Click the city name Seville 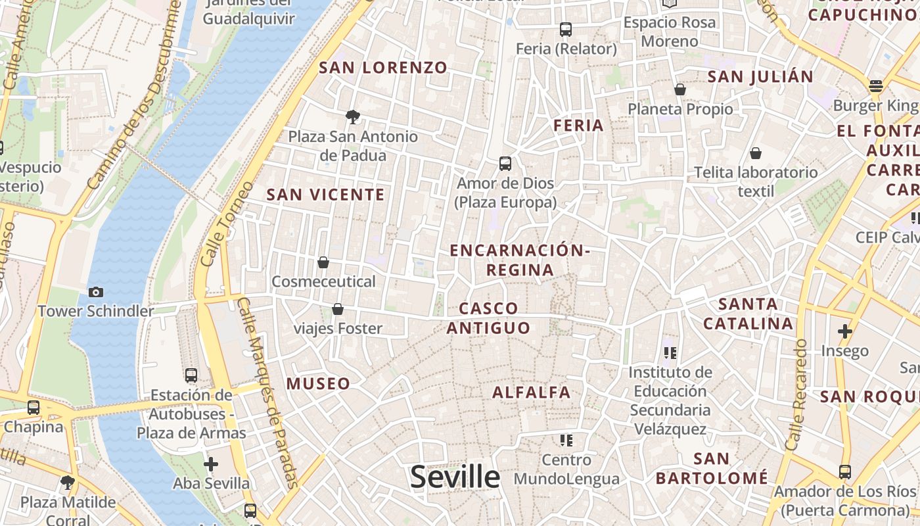point(455,477)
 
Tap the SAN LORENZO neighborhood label point(383,68)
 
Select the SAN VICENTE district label point(325,195)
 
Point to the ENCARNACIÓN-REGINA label point(519,260)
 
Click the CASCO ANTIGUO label point(488,318)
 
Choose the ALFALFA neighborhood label point(532,393)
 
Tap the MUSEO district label point(319,383)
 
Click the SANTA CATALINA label point(748,314)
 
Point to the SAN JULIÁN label point(760,76)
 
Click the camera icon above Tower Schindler point(95,292)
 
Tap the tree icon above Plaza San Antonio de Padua point(353,117)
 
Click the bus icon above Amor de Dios point(505,164)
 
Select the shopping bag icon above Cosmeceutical point(323,262)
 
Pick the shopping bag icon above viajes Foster point(338,308)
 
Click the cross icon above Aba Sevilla point(211,464)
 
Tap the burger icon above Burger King point(875,86)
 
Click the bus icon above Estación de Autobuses point(191,375)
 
